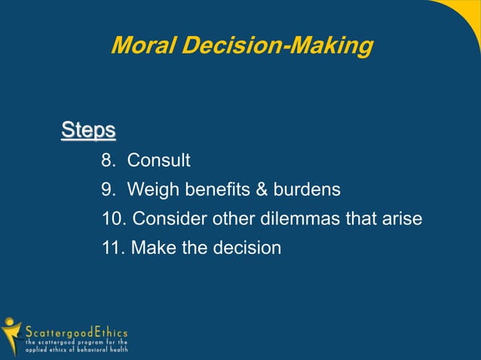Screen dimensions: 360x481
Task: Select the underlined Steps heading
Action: pyautogui.click(x=88, y=130)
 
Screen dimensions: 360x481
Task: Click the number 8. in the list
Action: pyautogui.click(x=109, y=160)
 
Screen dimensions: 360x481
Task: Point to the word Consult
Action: pyautogui.click(x=158, y=160)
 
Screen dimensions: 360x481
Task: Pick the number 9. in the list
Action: pyautogui.click(x=109, y=190)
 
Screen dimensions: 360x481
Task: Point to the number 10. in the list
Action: pyautogui.click(x=112, y=219)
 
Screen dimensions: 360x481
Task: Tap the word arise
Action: pyautogui.click(x=400, y=219)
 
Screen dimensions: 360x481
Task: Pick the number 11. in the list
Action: pyautogui.click(x=112, y=248)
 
